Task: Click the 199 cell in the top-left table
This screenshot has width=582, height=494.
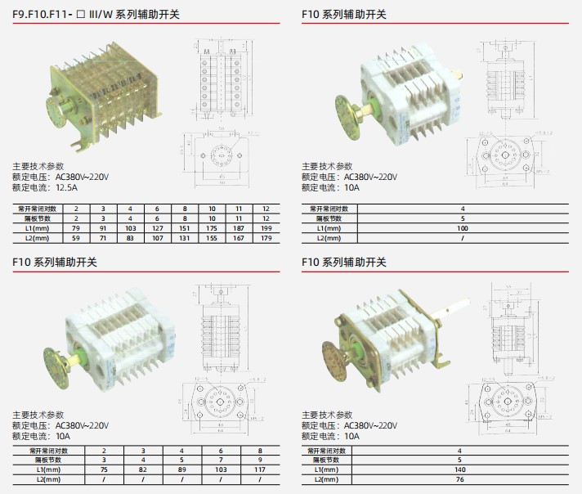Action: (x=266, y=228)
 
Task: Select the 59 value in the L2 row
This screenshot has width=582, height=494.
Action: (x=76, y=238)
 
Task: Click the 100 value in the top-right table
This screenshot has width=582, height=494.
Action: (x=463, y=228)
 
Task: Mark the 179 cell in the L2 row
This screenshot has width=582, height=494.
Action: (x=266, y=238)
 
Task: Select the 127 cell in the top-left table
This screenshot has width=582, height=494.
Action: (x=158, y=228)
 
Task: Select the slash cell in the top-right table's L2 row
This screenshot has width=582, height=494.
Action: (x=463, y=238)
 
